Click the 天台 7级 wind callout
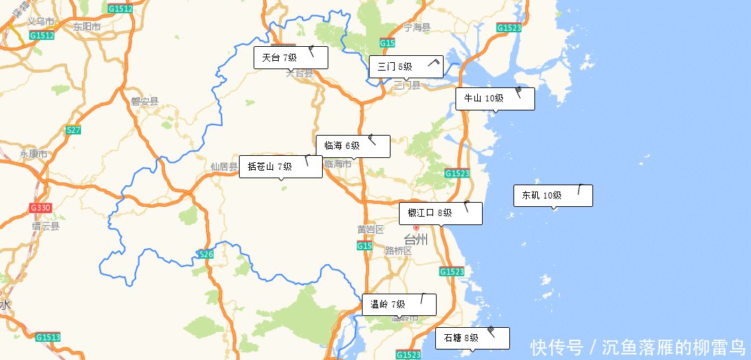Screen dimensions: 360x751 (291, 58)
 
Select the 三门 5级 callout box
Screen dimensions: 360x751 (406, 67)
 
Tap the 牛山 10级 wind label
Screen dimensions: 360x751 (495, 99)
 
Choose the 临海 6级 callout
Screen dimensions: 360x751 (353, 146)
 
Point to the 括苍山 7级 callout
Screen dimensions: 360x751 (280, 166)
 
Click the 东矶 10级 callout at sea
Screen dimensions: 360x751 (553, 196)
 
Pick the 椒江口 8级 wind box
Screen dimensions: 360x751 (440, 213)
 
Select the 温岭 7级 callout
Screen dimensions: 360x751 (399, 304)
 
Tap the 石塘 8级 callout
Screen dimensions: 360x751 (472, 338)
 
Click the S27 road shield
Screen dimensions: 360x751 (73, 130)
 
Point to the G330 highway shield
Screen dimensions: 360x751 (41, 208)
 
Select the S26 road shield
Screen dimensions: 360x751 (205, 254)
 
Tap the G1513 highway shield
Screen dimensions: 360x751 (48, 337)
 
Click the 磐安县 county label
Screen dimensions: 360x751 (145, 101)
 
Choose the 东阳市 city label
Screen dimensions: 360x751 (87, 27)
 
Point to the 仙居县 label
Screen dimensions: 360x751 (224, 167)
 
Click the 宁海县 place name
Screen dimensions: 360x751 (417, 27)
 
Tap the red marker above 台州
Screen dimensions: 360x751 (416, 227)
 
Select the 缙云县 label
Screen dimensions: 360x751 (45, 226)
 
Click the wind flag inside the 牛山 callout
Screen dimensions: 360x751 (518, 92)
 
